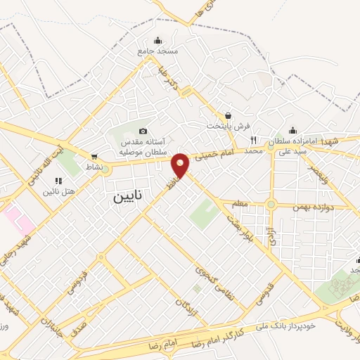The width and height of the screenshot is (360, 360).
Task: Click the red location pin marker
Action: click(x=181, y=165)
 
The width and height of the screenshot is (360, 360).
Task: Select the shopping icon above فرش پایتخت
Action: click(x=228, y=115)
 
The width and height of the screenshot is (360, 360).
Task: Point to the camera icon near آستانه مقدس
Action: click(x=143, y=131)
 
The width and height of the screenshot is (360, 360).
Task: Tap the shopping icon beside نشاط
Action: click(x=94, y=156)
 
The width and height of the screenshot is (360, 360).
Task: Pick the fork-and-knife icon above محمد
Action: click(x=254, y=140)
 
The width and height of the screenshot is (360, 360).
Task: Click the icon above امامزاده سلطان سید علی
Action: click(x=292, y=130)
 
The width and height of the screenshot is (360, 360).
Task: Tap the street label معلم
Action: click(x=240, y=204)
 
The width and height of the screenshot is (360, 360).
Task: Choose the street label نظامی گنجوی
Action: click(x=211, y=278)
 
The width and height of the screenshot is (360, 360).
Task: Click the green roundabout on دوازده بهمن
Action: click(x=271, y=205)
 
